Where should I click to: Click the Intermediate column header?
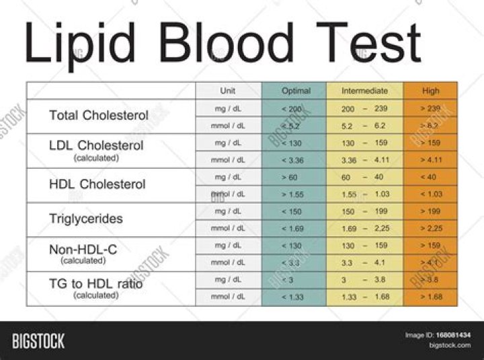(x=364, y=91)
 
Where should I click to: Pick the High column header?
(x=431, y=91)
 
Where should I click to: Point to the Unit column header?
(x=228, y=91)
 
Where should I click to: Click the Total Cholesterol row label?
(x=99, y=115)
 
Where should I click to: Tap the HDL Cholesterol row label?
(x=97, y=184)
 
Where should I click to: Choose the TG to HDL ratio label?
(x=96, y=284)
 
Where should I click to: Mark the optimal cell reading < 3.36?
(x=294, y=160)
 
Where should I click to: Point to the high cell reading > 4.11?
(x=431, y=160)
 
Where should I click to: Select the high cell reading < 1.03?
(x=431, y=194)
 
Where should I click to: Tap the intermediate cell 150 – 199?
(x=365, y=211)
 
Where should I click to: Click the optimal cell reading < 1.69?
(x=294, y=229)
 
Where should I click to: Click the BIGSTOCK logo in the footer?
(x=38, y=341)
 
